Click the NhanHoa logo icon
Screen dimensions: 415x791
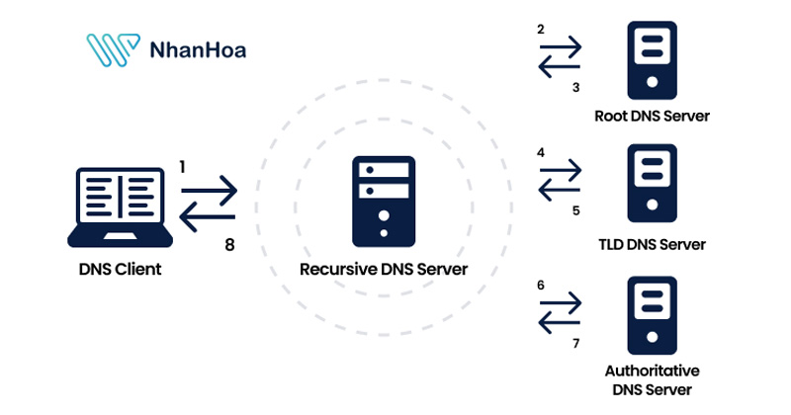click(112, 50)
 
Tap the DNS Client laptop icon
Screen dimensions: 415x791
click(121, 207)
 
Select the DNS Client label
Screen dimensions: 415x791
click(121, 269)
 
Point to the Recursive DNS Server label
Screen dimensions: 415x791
click(384, 269)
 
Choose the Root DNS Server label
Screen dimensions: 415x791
click(652, 116)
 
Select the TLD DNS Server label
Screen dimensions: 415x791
click(652, 243)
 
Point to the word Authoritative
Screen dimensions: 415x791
click(652, 371)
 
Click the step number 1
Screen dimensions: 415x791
click(183, 167)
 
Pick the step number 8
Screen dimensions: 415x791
click(230, 245)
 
